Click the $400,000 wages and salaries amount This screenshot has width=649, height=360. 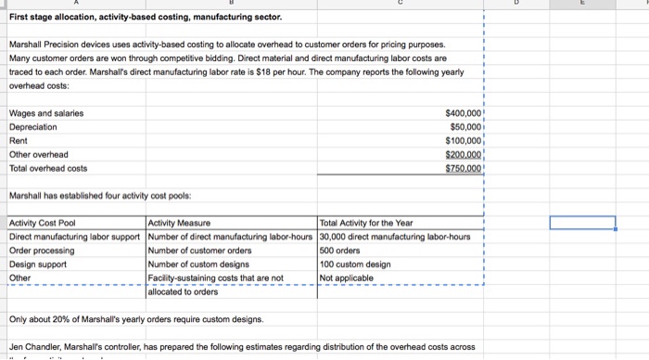(x=461, y=113)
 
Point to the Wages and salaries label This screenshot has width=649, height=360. (x=45, y=113)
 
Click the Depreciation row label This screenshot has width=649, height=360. (x=32, y=127)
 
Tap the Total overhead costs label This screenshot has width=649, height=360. (x=47, y=168)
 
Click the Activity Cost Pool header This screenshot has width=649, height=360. (x=42, y=223)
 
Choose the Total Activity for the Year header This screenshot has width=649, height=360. (x=365, y=223)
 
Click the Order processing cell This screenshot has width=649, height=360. (x=40, y=250)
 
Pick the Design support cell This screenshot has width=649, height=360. (x=37, y=264)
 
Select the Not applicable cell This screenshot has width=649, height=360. (x=347, y=277)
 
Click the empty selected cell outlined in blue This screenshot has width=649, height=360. (x=581, y=223)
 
